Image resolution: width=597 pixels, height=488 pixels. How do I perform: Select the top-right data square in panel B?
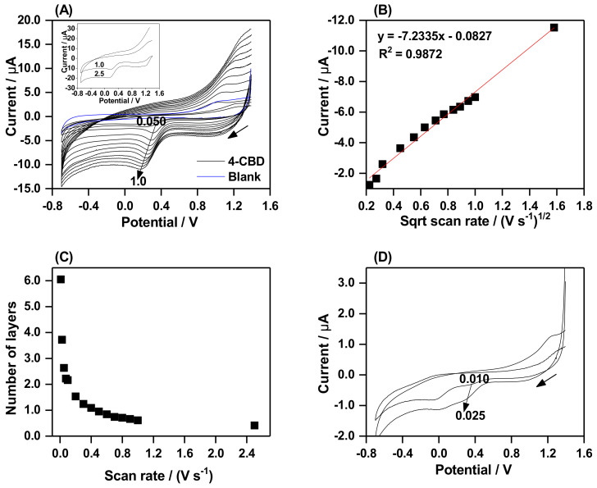point(554,27)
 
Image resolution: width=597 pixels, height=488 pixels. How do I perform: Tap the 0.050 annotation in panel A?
point(151,121)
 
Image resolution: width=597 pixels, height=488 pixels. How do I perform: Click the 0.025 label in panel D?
point(470,415)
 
